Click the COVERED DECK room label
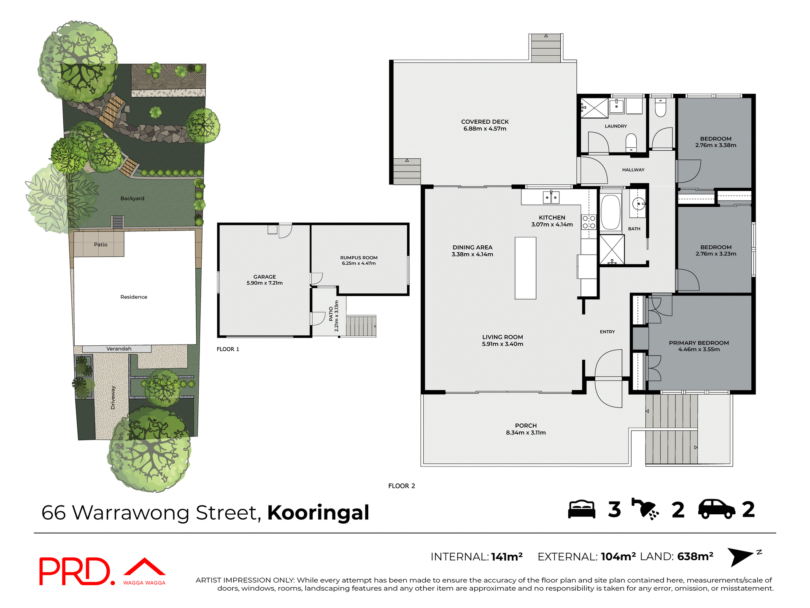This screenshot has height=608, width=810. coord(485,122)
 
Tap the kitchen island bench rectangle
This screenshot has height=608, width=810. coord(525,268)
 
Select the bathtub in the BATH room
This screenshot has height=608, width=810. coord(610,212)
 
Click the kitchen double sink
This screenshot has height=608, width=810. coord(551,197)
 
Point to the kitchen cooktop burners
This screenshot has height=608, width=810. coord(589,222)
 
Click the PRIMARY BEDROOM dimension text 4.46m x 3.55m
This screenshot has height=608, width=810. coord(699,350)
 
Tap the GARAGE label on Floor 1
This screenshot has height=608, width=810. coord(265,277)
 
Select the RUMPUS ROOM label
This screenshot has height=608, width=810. coord(359,258)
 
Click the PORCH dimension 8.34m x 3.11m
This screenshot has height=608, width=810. coord(526,432)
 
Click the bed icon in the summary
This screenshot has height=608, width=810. coord(581,509)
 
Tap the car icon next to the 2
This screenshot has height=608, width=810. coord(716,509)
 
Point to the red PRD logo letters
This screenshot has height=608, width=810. coord(75,571)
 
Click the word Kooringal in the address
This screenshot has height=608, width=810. coord(318,513)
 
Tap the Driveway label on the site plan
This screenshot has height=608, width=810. coord(113,397)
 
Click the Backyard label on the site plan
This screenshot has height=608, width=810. coord(132,198)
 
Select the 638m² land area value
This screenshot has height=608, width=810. coord(695,556)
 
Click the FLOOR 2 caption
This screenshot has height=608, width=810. coord(401,486)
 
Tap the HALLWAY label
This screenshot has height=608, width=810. coord(633,170)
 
